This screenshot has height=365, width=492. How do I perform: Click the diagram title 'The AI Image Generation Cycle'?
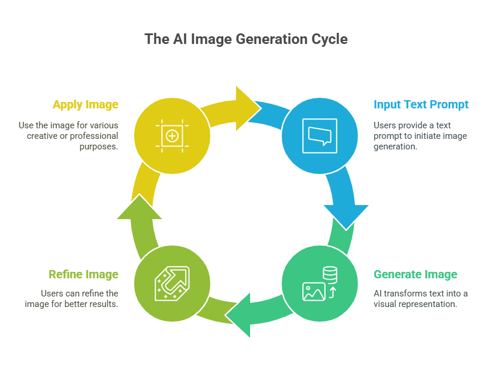[246, 39]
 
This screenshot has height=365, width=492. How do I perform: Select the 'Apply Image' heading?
[86, 104]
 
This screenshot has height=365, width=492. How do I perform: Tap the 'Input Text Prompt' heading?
[421, 104]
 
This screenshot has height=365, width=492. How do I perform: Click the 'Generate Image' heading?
[415, 274]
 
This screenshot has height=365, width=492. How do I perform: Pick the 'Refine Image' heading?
[83, 274]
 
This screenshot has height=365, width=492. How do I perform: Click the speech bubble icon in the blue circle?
[320, 136]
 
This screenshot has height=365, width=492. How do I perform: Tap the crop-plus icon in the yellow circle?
[172, 136]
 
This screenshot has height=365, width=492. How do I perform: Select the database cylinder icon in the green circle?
[330, 275]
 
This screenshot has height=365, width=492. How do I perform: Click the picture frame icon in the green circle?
[313, 292]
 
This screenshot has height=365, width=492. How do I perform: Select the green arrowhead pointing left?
[238, 315]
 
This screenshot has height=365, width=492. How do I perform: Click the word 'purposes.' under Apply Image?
[98, 146]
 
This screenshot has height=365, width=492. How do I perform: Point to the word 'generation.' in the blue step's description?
[395, 146]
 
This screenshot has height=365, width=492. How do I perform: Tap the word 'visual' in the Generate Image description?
[384, 304]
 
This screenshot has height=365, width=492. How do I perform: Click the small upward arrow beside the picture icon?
[332, 292]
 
